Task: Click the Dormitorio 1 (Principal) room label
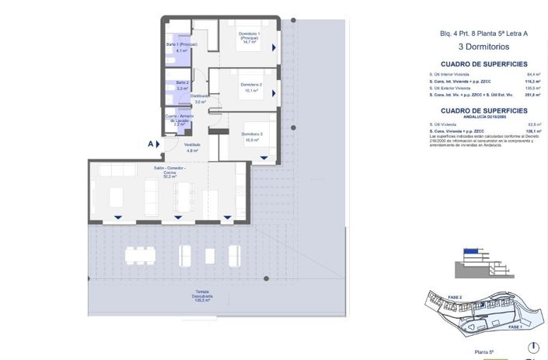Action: [x=249, y=39]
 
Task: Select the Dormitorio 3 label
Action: [x=250, y=137]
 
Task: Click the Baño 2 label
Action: [x=182, y=85]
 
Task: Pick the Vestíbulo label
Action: [x=192, y=147]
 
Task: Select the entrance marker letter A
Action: [x=150, y=144]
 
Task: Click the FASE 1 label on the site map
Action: [x=514, y=327]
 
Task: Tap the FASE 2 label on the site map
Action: [x=456, y=298]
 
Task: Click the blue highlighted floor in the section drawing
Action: [x=471, y=251]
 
